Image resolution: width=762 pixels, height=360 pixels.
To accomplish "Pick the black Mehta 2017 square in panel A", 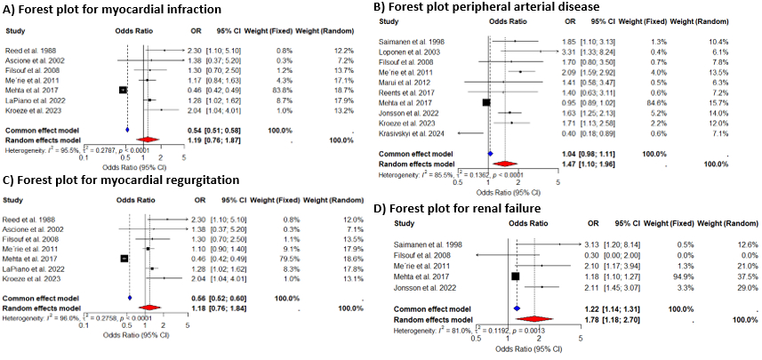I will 124,90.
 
